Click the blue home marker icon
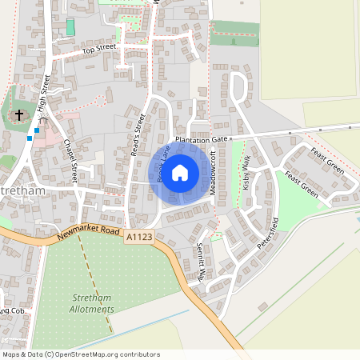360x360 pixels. click(180, 173)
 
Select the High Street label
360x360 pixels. click(45, 97)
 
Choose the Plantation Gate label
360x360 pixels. click(202, 139)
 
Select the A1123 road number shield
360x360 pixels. click(138, 236)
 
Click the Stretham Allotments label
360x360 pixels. click(87, 303)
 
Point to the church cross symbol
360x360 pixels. click(18, 116)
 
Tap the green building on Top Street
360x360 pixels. click(70, 27)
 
